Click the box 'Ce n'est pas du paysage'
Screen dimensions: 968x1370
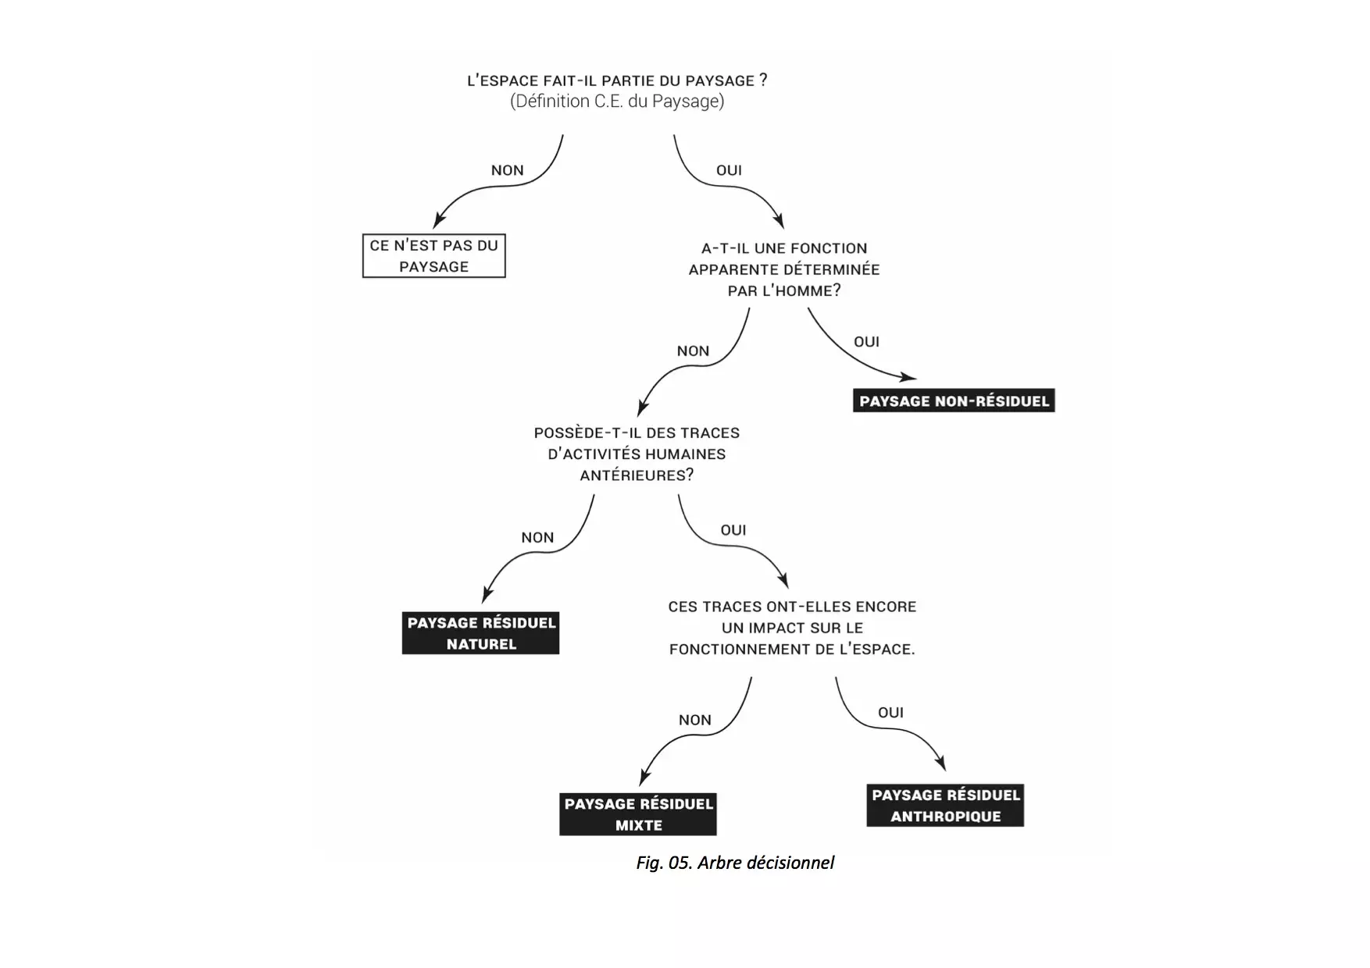433,255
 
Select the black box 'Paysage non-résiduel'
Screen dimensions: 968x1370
954,401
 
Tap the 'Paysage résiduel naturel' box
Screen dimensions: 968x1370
481,633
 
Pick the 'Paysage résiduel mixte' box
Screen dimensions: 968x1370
638,814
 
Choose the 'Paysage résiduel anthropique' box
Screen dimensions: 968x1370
945,806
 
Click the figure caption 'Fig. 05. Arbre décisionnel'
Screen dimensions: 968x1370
735,863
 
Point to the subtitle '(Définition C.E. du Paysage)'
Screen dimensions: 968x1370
617,101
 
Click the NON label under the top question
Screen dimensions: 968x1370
507,170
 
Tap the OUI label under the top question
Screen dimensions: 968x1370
729,170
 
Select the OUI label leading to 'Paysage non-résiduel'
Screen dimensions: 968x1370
866,341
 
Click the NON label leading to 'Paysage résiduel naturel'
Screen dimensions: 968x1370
537,537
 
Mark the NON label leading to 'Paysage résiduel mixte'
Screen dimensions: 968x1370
694,720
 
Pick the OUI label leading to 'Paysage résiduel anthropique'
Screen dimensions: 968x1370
890,712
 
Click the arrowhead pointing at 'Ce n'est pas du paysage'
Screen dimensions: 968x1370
438,222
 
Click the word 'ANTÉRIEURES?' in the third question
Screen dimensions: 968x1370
637,475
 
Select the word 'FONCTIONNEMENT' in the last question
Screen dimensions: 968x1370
728,649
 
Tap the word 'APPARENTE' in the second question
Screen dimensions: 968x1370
724,269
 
